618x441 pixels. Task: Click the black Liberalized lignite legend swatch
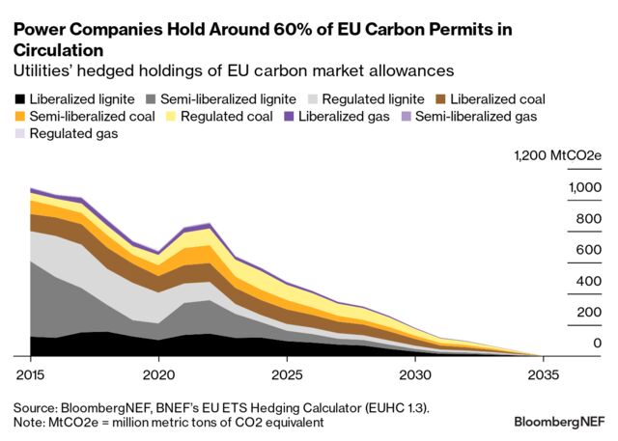[x=19, y=99]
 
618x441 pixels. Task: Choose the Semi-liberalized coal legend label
[x=92, y=117]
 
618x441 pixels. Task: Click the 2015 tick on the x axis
[x=30, y=372]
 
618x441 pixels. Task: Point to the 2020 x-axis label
[x=158, y=372]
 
